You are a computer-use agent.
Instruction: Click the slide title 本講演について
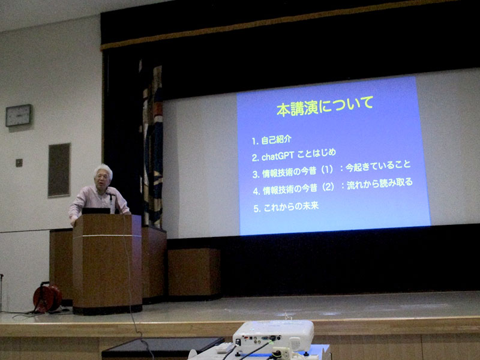(x=325, y=106)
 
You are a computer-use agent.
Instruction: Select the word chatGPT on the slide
(x=278, y=157)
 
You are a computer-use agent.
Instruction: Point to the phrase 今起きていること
(x=378, y=166)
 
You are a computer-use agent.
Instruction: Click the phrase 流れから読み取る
(x=380, y=184)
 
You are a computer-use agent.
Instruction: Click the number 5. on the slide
(x=257, y=209)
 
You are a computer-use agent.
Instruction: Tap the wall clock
(x=19, y=115)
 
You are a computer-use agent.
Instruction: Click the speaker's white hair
(x=103, y=170)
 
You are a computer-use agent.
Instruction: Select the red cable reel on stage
(x=47, y=298)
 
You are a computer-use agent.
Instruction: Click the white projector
(x=274, y=336)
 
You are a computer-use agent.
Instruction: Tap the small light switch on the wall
(x=19, y=163)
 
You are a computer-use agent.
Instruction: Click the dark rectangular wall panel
(x=59, y=170)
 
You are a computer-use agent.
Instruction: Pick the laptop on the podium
(x=96, y=211)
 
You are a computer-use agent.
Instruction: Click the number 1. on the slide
(x=255, y=141)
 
